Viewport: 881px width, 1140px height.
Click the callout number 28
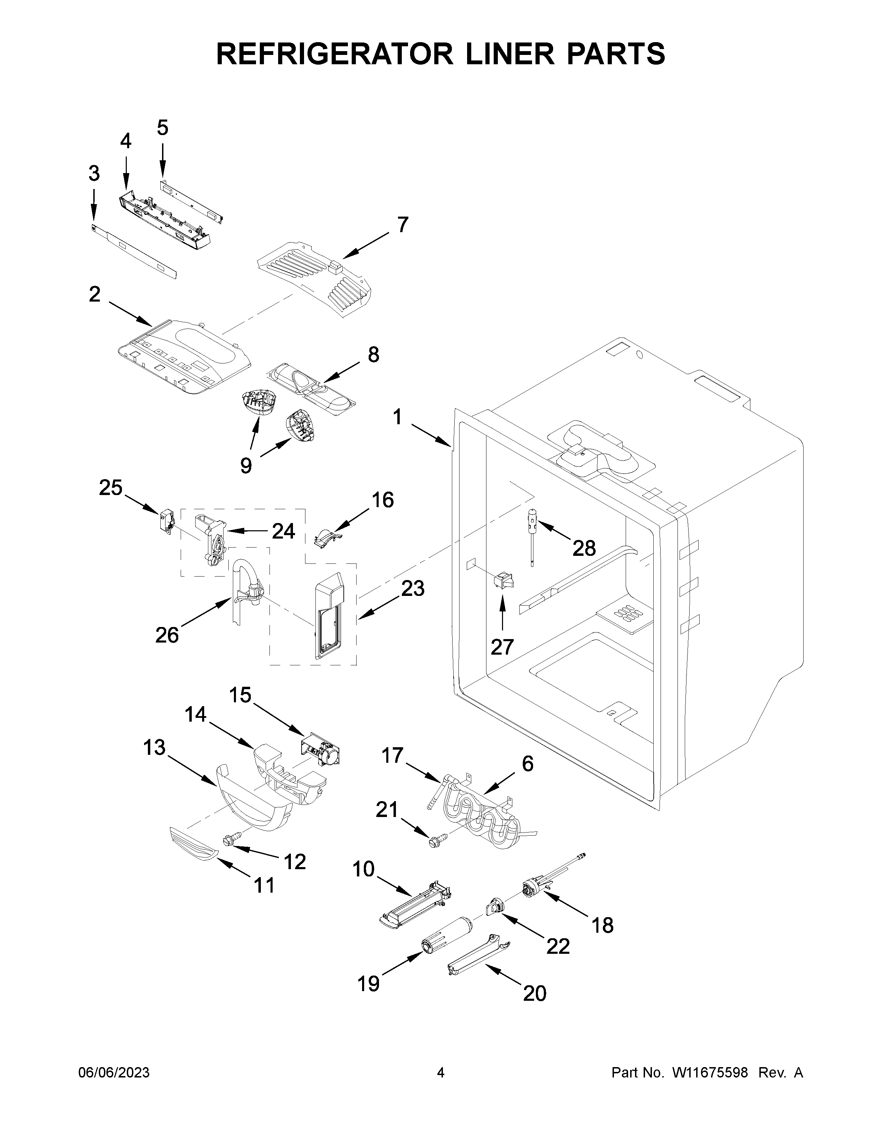[x=584, y=548]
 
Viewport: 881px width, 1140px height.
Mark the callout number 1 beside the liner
[x=398, y=418]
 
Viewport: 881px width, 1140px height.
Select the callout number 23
[x=412, y=588]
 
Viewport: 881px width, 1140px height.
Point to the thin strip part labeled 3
[x=133, y=250]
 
